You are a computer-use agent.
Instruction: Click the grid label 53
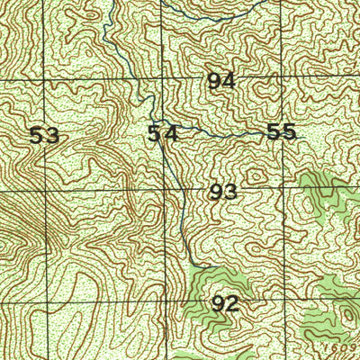tap(44, 136)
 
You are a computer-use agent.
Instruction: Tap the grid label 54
tap(163, 134)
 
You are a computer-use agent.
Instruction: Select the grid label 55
tap(282, 131)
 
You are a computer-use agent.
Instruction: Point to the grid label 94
tap(221, 81)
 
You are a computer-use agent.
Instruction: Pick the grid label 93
tap(222, 192)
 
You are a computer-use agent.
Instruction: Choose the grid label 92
tap(224, 304)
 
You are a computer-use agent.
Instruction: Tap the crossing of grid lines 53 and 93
tap(45, 193)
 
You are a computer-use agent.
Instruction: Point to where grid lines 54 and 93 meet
tap(164, 192)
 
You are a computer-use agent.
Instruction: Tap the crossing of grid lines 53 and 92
tap(46, 305)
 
